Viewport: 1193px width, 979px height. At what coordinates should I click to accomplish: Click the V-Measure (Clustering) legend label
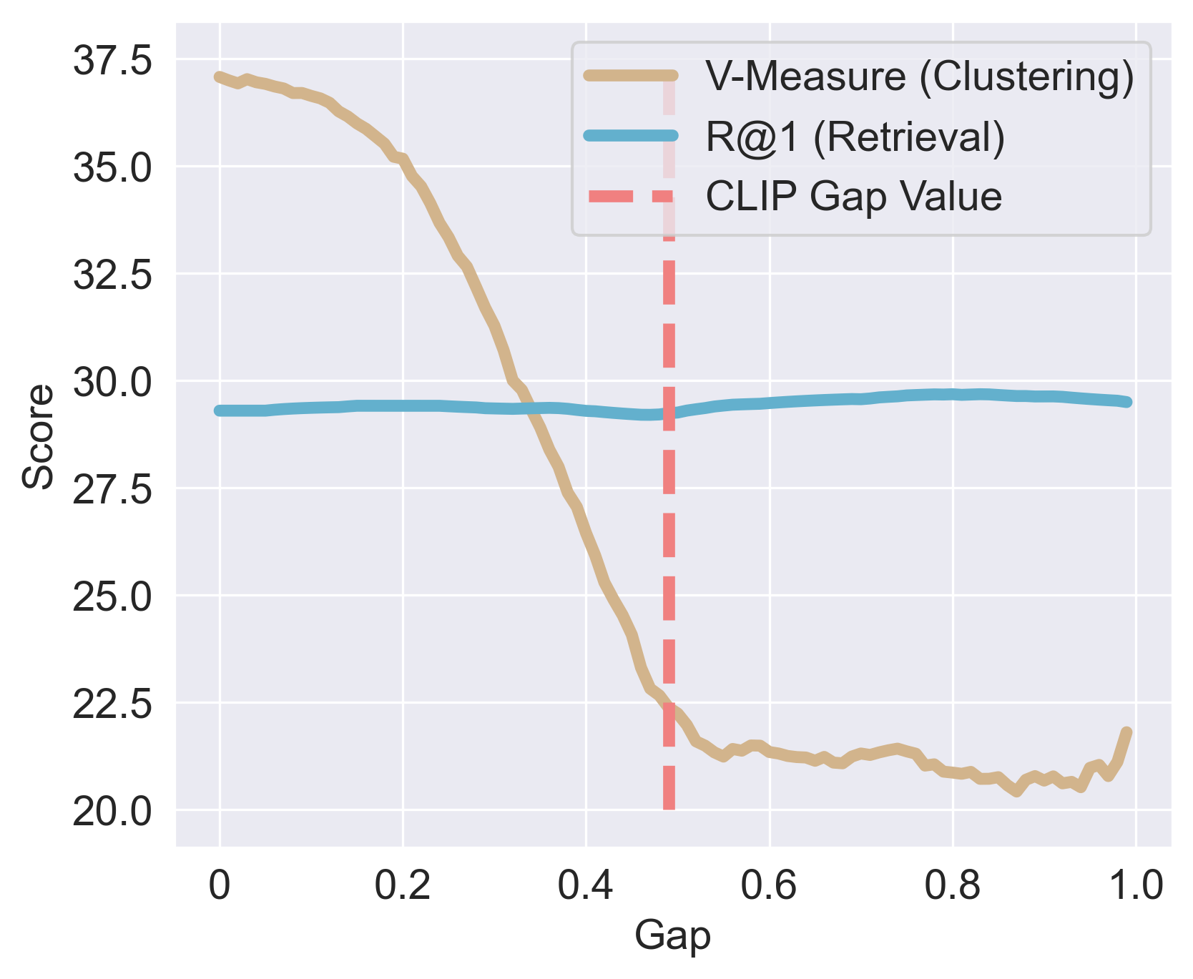(919, 77)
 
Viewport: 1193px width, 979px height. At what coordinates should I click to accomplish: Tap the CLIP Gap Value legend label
(853, 196)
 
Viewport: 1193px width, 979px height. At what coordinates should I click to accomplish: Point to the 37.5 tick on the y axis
(112, 60)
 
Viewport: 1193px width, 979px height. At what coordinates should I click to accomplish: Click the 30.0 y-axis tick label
(112, 382)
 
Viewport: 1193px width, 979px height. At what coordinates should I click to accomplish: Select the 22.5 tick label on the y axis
(112, 704)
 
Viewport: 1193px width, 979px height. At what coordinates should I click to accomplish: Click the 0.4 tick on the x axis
(585, 885)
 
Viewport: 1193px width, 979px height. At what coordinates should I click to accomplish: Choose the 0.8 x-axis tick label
(952, 885)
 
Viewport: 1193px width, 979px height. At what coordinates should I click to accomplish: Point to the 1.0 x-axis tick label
(1135, 885)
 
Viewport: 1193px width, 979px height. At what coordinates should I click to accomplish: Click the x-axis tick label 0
(220, 885)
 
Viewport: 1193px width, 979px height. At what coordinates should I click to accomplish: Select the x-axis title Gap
(672, 936)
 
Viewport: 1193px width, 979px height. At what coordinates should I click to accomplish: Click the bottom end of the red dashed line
(669, 808)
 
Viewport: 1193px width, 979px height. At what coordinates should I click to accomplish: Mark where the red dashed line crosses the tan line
(669, 704)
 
